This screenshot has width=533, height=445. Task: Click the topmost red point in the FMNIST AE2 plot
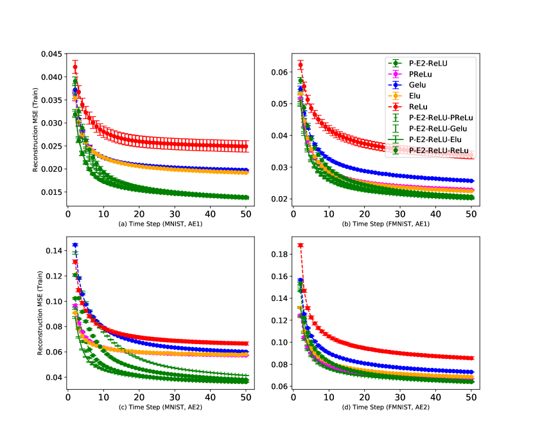300,245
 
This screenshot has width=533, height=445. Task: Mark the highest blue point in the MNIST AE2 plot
75,245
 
